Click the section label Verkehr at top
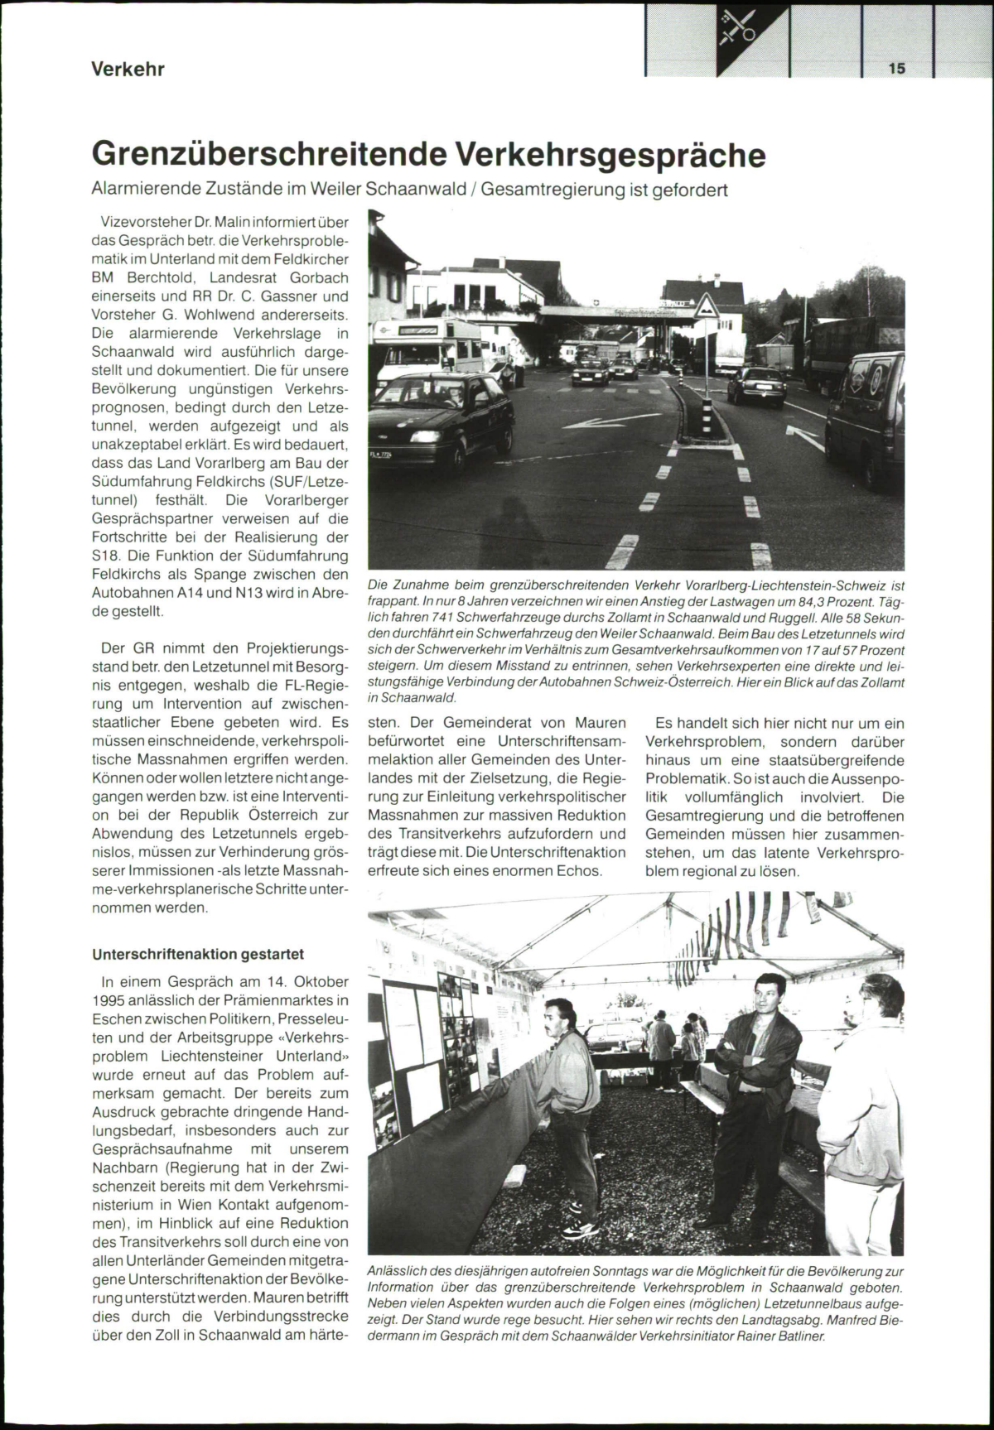tap(128, 69)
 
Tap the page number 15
tap(897, 69)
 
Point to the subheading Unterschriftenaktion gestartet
tap(198, 954)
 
